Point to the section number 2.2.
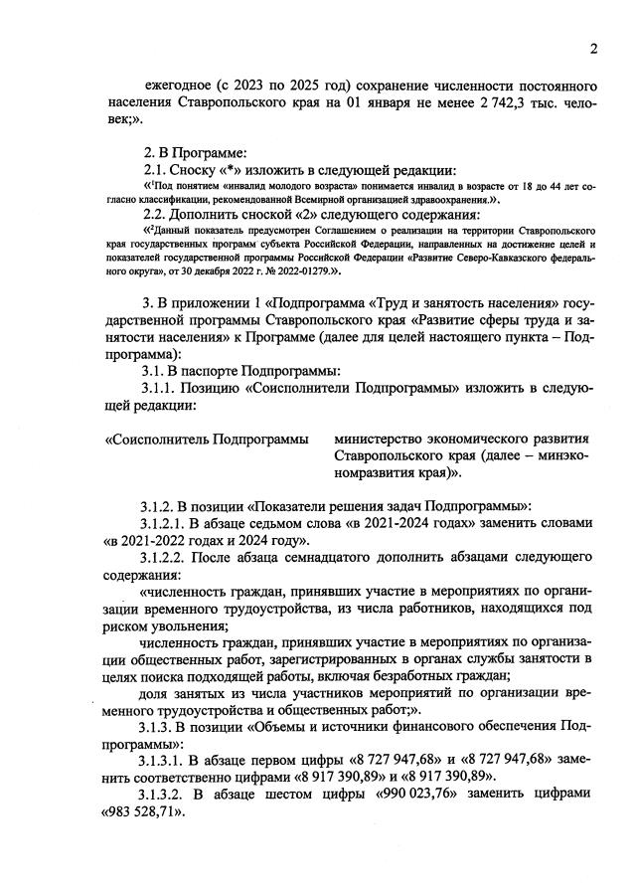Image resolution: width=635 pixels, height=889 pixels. (x=158, y=215)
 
